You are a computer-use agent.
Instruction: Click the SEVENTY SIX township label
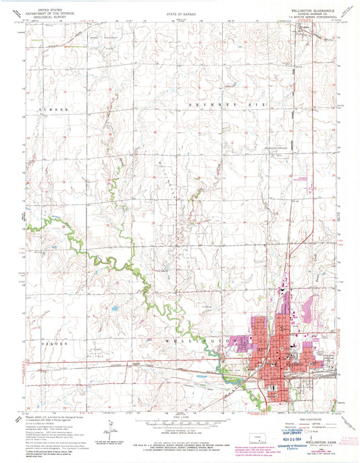pyautogui.click(x=229, y=105)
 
